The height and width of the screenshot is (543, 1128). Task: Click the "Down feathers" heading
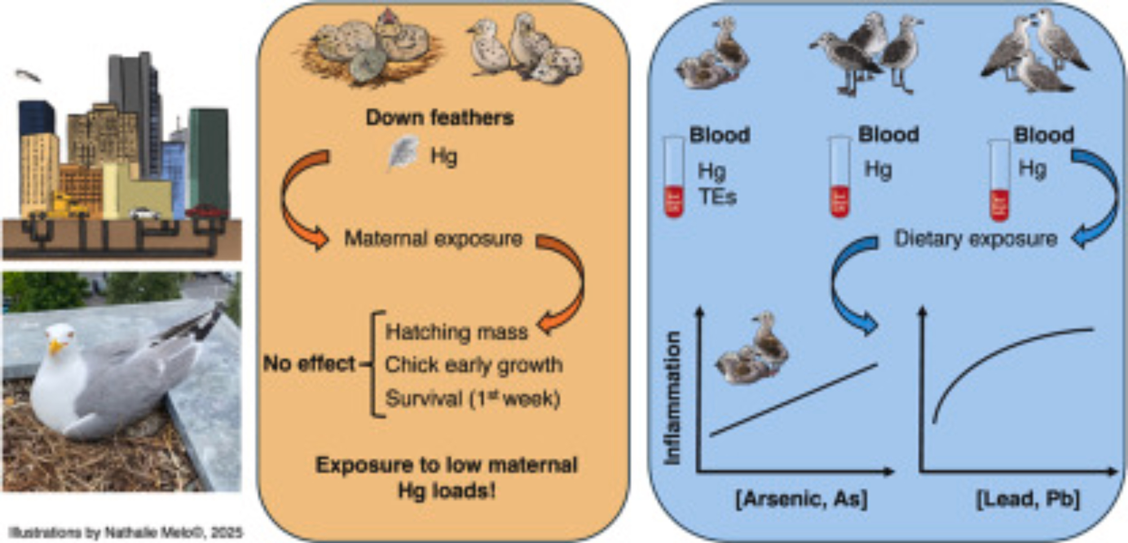coord(440,117)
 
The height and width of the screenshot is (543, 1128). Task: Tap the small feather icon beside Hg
coord(403,153)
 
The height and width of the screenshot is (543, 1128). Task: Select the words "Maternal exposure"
coord(433,239)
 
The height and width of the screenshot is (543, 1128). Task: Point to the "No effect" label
coord(309,364)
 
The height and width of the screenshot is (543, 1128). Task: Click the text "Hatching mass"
coord(456,332)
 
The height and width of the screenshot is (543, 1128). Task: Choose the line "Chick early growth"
coord(474,365)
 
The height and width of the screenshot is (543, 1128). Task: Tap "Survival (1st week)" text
coord(473,399)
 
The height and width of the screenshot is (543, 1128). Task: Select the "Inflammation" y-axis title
coord(672,398)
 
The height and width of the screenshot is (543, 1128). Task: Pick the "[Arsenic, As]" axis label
coord(801,499)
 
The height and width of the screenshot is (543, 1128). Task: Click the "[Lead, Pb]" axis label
coord(1028,499)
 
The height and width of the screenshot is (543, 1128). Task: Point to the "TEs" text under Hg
coord(717,196)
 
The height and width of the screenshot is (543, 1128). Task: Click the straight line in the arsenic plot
coord(794,400)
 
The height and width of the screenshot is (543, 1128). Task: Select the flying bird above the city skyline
coord(28,75)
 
